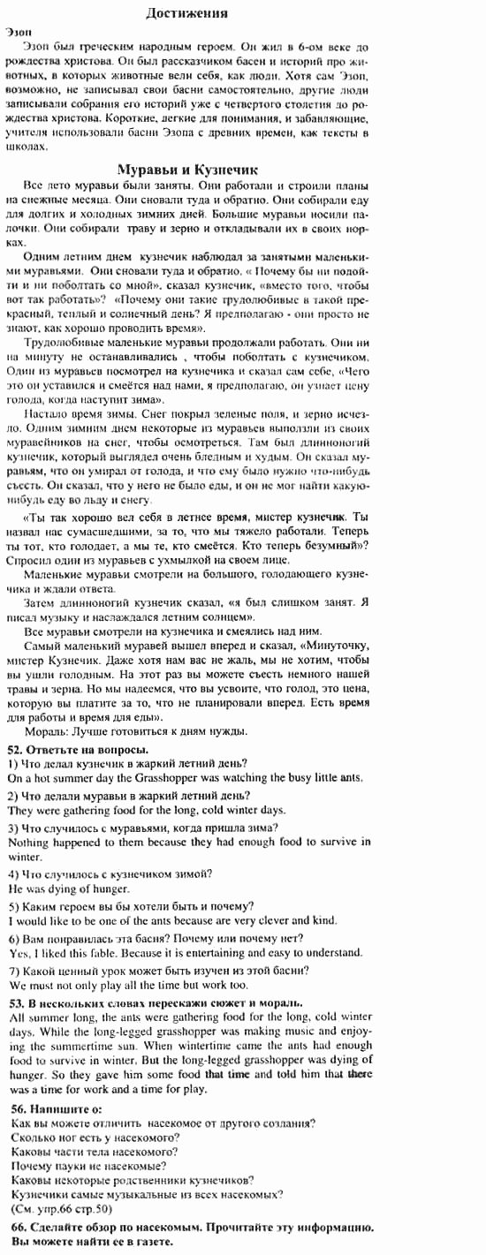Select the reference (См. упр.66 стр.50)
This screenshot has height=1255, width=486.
point(59,1208)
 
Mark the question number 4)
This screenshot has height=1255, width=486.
point(12,873)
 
